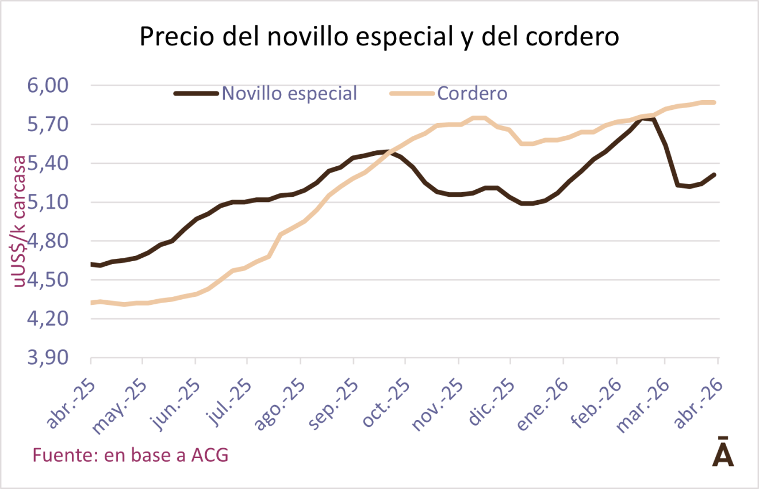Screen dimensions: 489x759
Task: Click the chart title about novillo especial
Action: click(x=379, y=37)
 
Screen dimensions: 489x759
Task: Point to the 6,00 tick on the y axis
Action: click(x=48, y=86)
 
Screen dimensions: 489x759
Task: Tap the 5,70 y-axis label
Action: click(x=48, y=125)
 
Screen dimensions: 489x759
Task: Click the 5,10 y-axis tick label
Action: click(x=48, y=203)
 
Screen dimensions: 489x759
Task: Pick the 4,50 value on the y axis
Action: click(x=48, y=280)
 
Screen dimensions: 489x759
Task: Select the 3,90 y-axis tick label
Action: click(x=48, y=358)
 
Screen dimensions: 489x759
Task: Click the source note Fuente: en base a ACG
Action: click(x=131, y=455)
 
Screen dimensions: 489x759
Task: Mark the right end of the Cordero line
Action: click(x=714, y=102)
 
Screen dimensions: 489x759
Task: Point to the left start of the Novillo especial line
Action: click(x=92, y=264)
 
